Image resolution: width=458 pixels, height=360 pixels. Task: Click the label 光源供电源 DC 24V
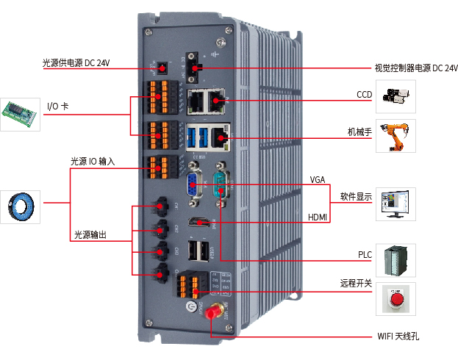point(76,63)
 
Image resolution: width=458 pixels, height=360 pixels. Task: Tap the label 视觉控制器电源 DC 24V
point(416,68)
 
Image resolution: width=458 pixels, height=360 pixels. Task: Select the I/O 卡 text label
point(58,107)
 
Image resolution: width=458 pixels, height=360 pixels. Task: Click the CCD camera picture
point(396,96)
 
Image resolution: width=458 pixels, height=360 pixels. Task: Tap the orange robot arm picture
point(396,136)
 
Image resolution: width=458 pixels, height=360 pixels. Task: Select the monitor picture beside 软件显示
point(396,204)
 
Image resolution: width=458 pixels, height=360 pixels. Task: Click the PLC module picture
point(396,260)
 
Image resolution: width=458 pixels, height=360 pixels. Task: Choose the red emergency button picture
point(396,300)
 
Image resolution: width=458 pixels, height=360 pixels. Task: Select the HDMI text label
point(318,217)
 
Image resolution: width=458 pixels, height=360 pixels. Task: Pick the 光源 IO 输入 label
point(93,161)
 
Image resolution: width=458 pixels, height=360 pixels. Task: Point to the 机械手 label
point(359,132)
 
